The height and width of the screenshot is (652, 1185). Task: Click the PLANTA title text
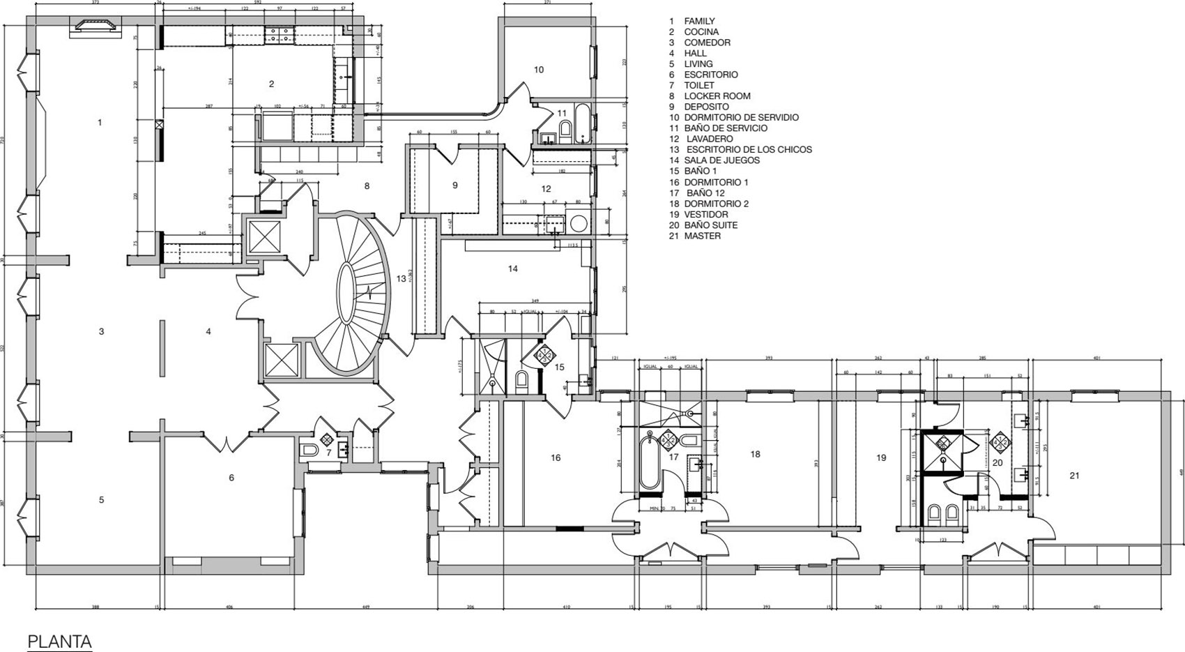point(59,641)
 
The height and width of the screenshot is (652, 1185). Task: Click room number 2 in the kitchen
point(271,84)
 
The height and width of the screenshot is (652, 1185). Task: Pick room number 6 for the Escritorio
point(231,478)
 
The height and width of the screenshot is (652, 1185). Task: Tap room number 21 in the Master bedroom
point(1074,476)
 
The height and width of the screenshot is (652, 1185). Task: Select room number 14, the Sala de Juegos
point(513,268)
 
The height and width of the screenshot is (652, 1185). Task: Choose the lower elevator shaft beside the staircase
point(282,361)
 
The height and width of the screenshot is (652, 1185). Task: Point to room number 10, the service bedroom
point(539,69)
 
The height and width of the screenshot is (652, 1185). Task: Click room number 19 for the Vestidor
point(881,457)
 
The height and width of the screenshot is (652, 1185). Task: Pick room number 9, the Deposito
point(455,185)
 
